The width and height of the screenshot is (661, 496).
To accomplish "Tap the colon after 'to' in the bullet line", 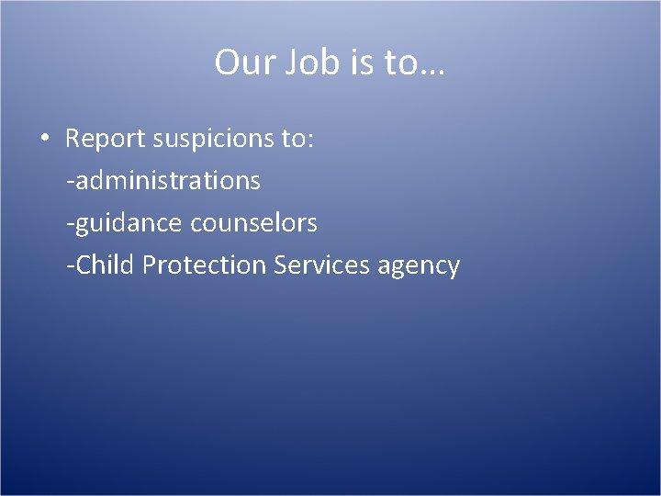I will point(310,141).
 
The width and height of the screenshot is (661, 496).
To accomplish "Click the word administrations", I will point(168,181).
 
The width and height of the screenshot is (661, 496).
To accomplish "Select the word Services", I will point(320,265).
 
